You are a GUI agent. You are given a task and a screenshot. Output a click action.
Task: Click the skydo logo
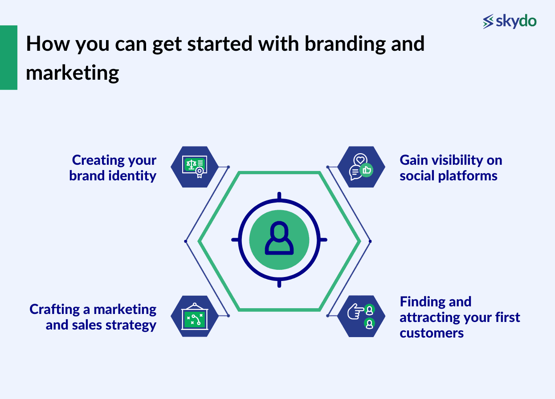pos(510,21)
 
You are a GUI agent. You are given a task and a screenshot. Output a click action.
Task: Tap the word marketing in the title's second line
pos(72,72)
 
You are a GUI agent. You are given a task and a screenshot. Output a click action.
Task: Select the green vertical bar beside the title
pos(8,57)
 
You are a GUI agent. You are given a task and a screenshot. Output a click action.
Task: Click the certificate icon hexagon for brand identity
pos(195,167)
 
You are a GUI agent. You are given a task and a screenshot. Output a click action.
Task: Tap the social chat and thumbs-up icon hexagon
pos(361,167)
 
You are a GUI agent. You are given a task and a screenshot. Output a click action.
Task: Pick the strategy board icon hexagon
pos(195,316)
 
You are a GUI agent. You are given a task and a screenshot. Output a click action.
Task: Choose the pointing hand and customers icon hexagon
pos(361,316)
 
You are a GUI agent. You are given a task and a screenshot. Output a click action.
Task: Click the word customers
pos(431,333)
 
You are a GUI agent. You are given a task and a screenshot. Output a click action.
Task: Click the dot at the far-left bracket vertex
pos(185,241)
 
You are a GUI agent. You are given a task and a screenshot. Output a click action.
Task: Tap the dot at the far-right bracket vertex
pos(370,241)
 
